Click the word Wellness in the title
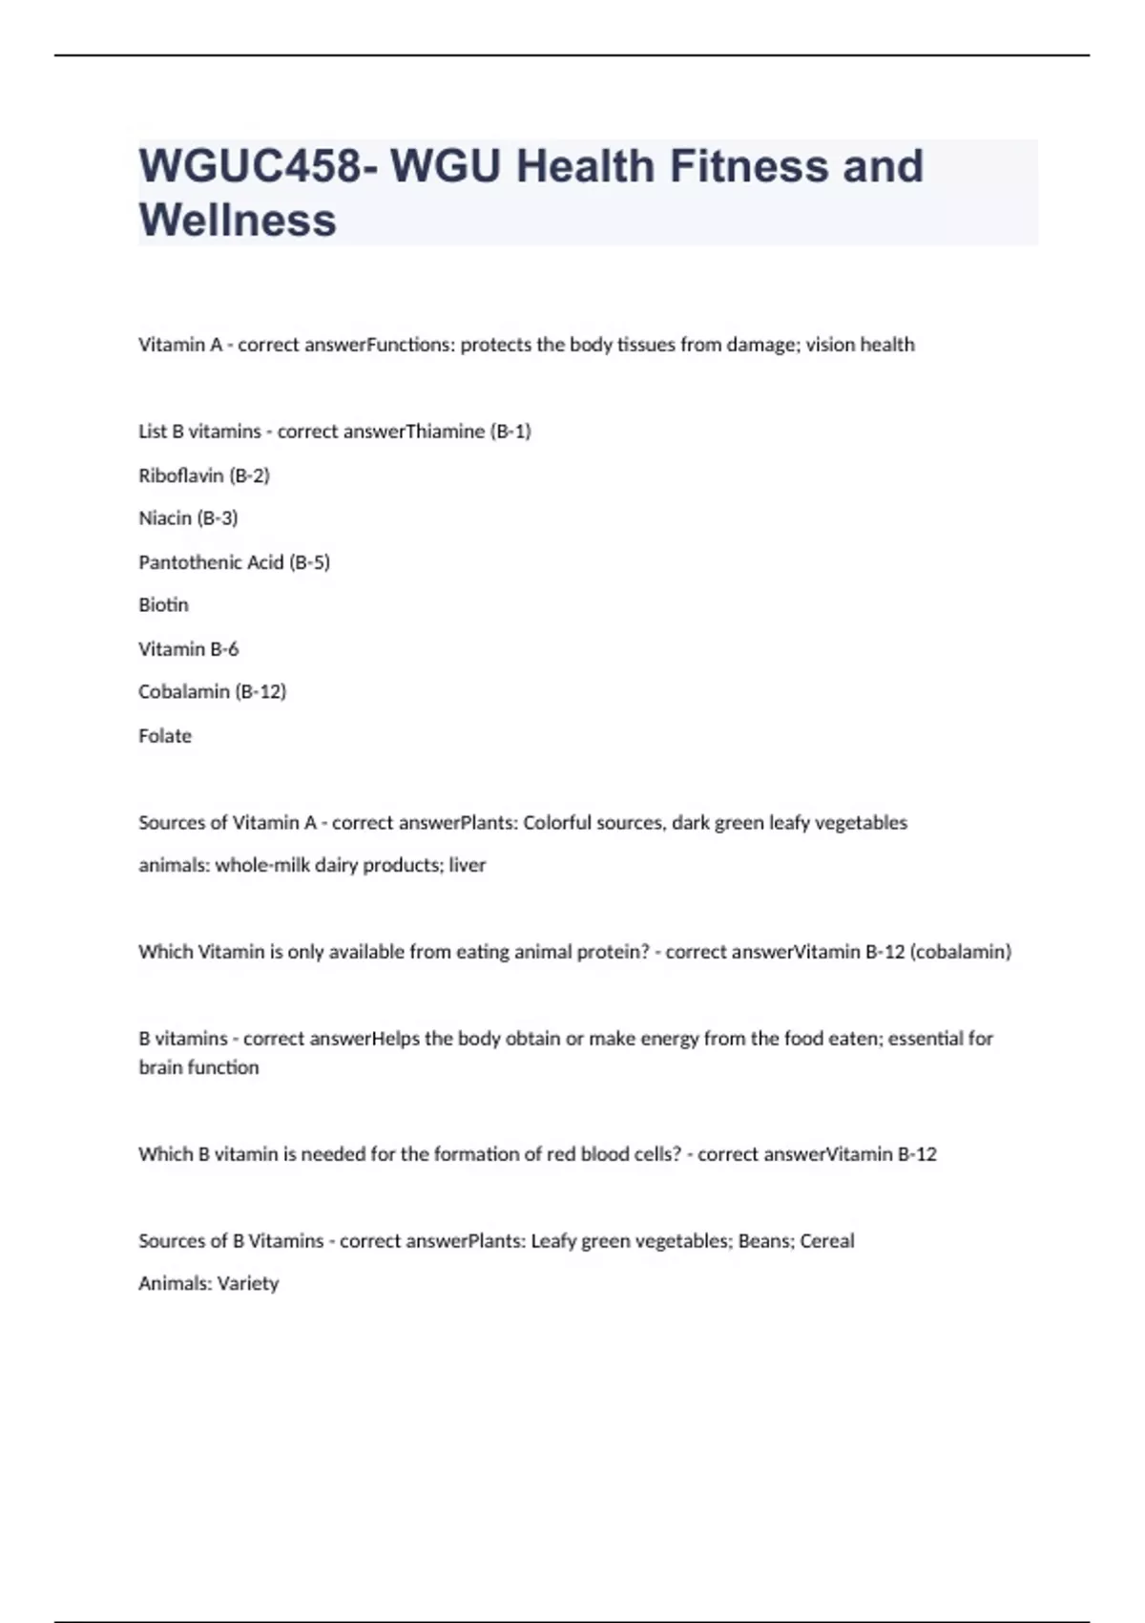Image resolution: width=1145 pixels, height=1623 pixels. point(238,220)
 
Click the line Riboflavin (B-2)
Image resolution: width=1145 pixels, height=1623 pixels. point(204,475)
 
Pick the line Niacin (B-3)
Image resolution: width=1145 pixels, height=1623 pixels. point(188,518)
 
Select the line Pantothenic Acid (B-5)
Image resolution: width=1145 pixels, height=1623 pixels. point(234,562)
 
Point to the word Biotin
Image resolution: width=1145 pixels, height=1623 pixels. point(163,605)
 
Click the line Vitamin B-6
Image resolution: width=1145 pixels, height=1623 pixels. point(188,649)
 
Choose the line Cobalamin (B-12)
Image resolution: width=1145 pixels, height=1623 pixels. point(212,691)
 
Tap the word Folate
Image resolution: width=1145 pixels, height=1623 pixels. point(165,736)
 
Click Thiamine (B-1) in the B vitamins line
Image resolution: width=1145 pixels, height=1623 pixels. point(468,432)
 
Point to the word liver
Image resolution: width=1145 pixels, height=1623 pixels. point(468,866)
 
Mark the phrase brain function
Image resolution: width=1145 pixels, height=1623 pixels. point(198,1067)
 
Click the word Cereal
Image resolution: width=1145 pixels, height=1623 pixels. point(826,1241)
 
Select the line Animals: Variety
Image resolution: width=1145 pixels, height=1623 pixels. point(208,1284)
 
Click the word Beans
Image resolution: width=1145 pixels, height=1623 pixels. point(763,1241)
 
